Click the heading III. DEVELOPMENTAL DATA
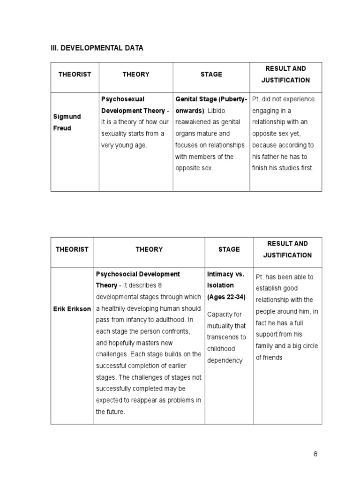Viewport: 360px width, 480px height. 97,48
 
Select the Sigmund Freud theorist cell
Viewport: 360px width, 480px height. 67,122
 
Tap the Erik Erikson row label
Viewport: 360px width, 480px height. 72,309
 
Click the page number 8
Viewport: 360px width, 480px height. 315,454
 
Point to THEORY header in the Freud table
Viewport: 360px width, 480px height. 136,74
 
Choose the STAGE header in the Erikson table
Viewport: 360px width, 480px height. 229,249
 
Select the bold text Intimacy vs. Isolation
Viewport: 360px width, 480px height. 225,279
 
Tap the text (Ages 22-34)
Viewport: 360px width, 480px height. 226,297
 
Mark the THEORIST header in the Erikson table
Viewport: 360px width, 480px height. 72,249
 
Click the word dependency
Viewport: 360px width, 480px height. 225,360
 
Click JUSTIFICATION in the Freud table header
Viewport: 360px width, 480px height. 285,80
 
